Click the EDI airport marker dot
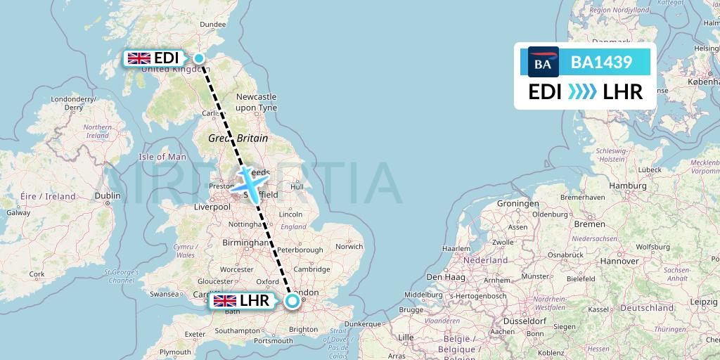click(x=200, y=58)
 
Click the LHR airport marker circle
click(x=292, y=302)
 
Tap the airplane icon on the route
click(x=251, y=181)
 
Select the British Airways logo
click(x=543, y=63)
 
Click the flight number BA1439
click(x=601, y=63)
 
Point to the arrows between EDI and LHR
click(x=581, y=91)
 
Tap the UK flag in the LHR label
click(x=225, y=302)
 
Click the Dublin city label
click(x=108, y=197)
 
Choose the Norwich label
click(x=349, y=247)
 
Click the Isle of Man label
click(x=162, y=157)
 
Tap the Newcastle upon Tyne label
click(x=256, y=101)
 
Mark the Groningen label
click(x=517, y=203)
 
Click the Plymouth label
click(x=175, y=352)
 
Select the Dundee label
click(x=213, y=25)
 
